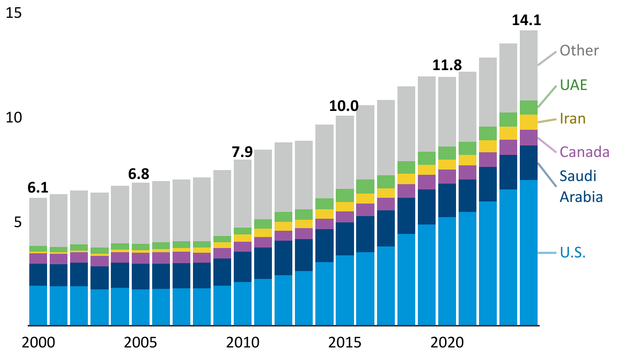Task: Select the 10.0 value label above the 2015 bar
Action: (x=344, y=106)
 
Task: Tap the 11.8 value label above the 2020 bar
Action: (x=447, y=66)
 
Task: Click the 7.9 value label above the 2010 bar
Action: (x=242, y=152)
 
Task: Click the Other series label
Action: (x=579, y=51)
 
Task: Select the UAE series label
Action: (x=573, y=85)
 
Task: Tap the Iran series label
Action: (x=573, y=119)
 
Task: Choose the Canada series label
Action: (x=585, y=152)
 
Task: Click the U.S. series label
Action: (x=573, y=253)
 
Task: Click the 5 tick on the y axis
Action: (x=18, y=222)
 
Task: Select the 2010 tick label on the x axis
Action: (x=242, y=343)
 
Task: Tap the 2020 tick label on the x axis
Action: (x=447, y=343)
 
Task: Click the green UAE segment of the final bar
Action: (x=529, y=107)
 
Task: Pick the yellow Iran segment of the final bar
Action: (x=529, y=122)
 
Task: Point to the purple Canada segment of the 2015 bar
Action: (x=345, y=217)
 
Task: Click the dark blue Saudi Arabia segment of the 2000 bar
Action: (x=38, y=274)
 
